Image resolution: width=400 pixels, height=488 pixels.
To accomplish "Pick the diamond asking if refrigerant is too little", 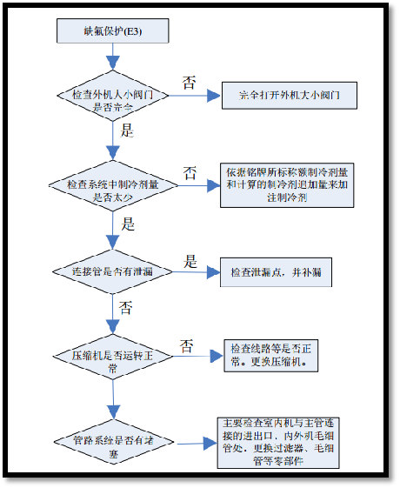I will (113, 187).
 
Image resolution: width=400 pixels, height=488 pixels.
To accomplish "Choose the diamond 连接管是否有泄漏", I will (113, 273).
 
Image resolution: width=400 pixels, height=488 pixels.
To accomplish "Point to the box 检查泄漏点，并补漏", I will (276, 272).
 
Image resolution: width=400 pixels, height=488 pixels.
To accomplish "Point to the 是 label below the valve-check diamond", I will (125, 131).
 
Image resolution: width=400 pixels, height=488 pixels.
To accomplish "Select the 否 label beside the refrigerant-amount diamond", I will (189, 171).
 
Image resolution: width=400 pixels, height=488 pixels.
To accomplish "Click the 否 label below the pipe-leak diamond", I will (125, 307).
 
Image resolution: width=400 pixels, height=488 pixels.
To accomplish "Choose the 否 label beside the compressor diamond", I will (186, 344).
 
